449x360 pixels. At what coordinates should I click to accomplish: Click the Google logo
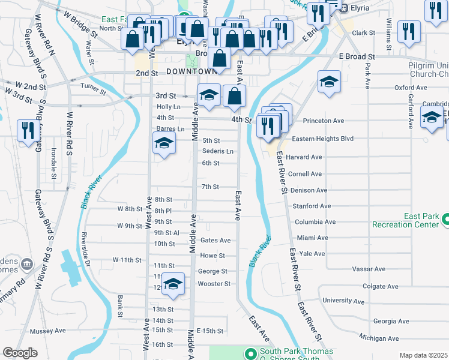click(20, 353)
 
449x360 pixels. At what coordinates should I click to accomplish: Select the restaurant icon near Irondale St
click(27, 130)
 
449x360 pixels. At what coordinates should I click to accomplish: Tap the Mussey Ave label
click(52, 331)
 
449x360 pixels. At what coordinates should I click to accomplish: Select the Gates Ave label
click(215, 241)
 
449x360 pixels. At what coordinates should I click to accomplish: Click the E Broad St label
click(357, 56)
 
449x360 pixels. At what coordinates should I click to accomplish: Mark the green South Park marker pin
click(252, 353)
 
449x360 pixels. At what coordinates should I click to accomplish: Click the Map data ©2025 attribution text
click(423, 355)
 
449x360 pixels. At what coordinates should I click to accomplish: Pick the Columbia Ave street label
click(311, 222)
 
